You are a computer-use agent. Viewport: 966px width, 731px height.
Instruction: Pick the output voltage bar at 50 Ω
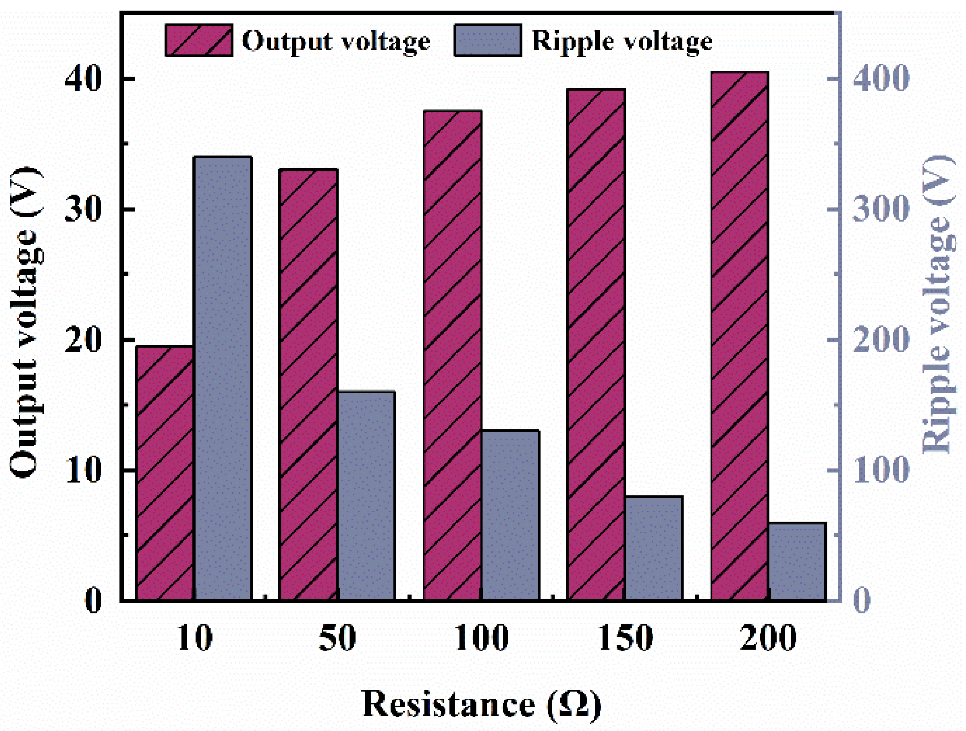click(x=308, y=384)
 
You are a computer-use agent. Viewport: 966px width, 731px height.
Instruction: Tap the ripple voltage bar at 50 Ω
click(x=366, y=495)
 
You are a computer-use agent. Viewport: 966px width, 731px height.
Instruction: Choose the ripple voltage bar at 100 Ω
click(x=510, y=515)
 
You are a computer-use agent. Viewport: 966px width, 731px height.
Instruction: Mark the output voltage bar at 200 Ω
click(x=740, y=335)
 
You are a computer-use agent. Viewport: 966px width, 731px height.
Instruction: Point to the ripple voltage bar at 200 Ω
click(x=797, y=561)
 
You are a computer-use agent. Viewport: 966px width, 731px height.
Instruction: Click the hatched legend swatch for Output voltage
click(x=198, y=40)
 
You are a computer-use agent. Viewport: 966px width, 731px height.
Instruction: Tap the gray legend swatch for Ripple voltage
click(x=487, y=40)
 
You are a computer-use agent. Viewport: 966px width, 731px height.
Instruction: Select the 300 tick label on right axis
click(x=881, y=209)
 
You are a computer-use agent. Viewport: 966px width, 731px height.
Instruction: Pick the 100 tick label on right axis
click(x=881, y=470)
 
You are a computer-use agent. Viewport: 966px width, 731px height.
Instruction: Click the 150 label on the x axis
click(x=625, y=638)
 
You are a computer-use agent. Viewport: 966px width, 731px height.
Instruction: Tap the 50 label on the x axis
click(x=337, y=638)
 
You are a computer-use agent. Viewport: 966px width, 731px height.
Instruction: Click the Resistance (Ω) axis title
click(x=481, y=704)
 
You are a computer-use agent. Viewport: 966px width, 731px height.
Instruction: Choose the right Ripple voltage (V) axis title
click(x=938, y=304)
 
